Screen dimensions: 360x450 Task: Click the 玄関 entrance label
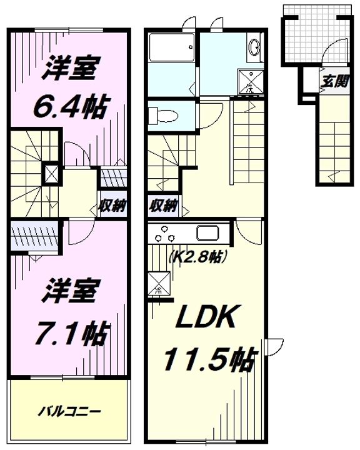tap(334, 81)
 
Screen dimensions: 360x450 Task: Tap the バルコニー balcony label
tap(69, 412)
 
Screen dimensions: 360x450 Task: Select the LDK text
tap(206, 316)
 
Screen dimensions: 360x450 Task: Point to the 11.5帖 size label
tap(209, 359)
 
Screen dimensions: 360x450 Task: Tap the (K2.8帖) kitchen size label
tap(198, 256)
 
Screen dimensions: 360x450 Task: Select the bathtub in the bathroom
tap(172, 47)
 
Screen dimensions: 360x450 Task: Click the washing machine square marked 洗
tap(250, 81)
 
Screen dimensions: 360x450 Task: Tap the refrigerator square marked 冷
tap(159, 283)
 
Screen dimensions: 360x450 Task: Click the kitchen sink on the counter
tap(207, 232)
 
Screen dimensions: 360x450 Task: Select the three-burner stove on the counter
tap(164, 234)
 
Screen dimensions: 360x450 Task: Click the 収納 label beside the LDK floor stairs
tap(163, 205)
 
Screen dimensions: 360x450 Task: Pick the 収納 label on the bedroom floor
tap(112, 205)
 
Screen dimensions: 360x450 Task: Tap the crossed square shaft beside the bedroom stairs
tap(51, 174)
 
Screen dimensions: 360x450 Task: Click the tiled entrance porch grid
tap(317, 34)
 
